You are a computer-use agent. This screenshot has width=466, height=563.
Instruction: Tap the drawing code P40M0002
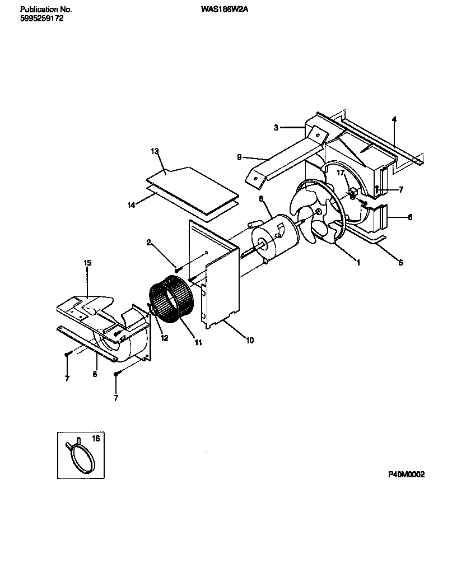point(407,474)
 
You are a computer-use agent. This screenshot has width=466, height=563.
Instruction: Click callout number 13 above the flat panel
point(155,152)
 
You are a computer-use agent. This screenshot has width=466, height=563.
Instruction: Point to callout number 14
point(131,205)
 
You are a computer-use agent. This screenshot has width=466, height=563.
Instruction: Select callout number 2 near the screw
point(149,242)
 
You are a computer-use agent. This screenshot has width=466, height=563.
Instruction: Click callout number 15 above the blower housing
point(87,263)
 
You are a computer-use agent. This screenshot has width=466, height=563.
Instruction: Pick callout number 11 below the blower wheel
point(198,343)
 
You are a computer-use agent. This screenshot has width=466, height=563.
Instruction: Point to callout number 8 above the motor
point(261,198)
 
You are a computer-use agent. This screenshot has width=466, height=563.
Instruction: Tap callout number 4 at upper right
point(394,119)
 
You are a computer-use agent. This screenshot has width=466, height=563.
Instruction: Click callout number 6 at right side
point(410,217)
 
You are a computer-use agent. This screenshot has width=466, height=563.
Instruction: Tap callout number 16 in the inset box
point(95,439)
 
